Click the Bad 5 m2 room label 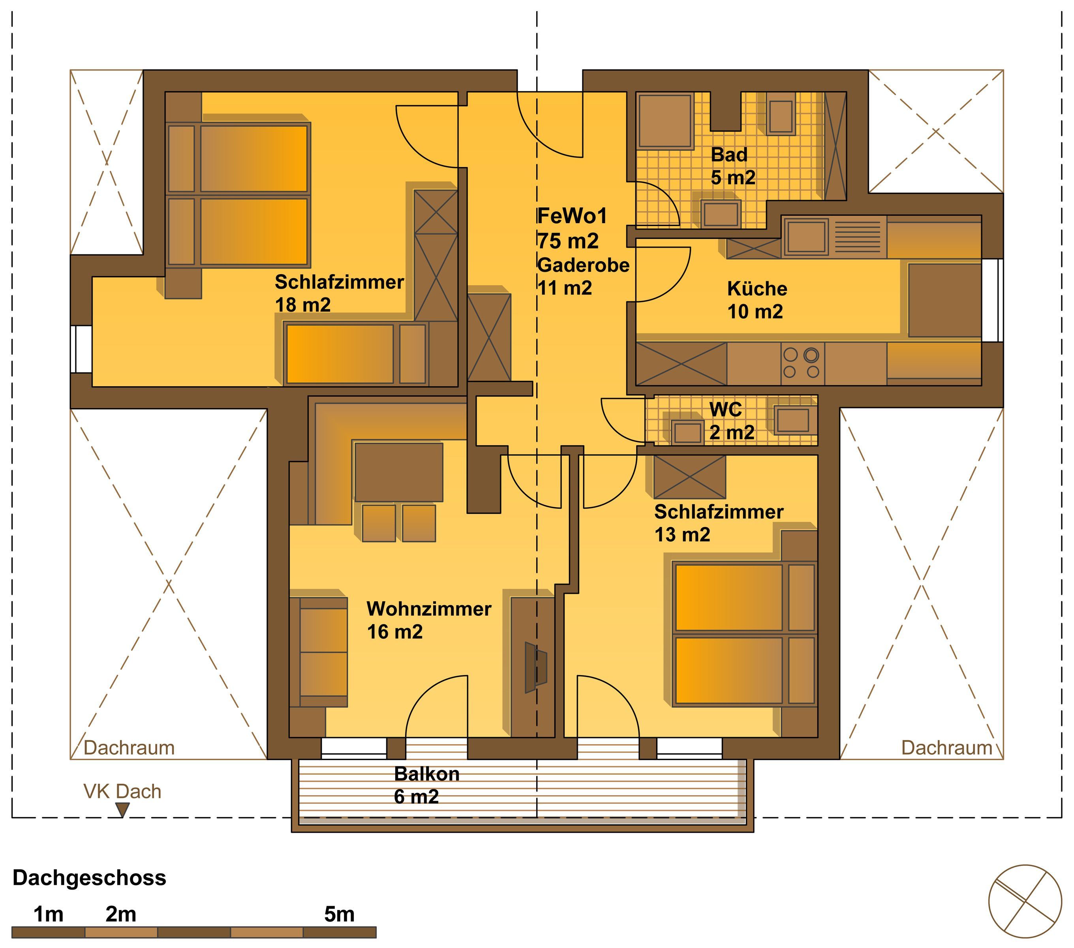733,166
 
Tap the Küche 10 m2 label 757,300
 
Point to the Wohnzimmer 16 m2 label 429,620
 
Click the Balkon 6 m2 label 427,785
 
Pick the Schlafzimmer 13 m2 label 719,523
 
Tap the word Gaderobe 583,265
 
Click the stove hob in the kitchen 801,363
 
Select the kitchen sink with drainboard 833,237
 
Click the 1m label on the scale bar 48,914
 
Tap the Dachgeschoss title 89,878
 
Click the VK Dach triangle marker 122,810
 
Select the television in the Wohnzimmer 536,668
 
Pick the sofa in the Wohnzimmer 318,652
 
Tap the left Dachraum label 129,748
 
